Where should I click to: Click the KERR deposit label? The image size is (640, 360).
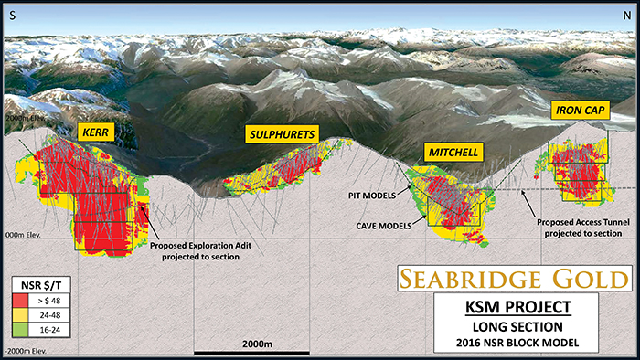click(96, 132)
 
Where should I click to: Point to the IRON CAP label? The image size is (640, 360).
click(579, 111)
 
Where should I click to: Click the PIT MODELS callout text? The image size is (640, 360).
click(368, 195)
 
